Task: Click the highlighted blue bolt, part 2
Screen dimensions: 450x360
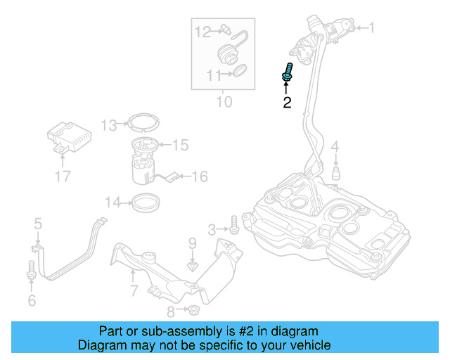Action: coord(287,72)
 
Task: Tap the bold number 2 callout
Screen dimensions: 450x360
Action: coord(287,103)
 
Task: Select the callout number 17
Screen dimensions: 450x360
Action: coord(63,176)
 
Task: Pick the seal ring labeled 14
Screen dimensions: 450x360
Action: coord(146,202)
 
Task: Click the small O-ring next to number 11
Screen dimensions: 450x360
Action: coord(240,70)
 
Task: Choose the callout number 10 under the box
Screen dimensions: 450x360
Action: coord(224,102)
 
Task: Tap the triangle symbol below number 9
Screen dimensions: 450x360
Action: coord(193,267)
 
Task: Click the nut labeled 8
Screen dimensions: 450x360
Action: coord(193,310)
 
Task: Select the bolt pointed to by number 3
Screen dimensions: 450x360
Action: coord(234,225)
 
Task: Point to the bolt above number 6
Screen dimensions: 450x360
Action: coord(31,269)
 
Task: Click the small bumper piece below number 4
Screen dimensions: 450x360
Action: coord(336,173)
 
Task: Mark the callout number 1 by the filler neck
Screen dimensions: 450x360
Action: coord(372,28)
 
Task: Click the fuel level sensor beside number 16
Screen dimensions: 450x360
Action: coord(172,176)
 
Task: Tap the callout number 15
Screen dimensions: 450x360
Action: coord(180,145)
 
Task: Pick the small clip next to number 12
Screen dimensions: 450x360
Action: coord(226,30)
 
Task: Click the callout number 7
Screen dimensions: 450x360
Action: coord(134,290)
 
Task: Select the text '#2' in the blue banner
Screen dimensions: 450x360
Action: coord(246,331)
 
